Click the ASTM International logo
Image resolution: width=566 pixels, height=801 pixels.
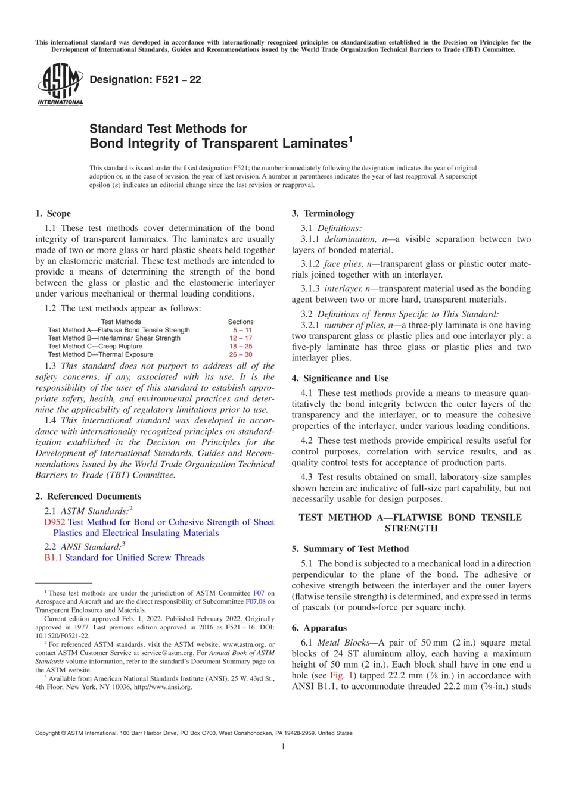pyautogui.click(x=60, y=85)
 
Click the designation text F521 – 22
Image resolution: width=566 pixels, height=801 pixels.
pyautogui.click(x=145, y=80)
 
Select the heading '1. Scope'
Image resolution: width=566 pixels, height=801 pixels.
pyautogui.click(x=53, y=213)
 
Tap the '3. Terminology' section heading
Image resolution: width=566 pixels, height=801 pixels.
pyautogui.click(x=323, y=213)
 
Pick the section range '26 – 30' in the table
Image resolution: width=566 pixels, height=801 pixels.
pyautogui.click(x=241, y=354)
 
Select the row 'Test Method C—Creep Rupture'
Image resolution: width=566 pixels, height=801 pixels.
pyautogui.click(x=95, y=346)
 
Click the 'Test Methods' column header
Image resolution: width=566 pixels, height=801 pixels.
pyautogui.click(x=121, y=322)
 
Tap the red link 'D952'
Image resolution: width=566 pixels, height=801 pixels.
pyautogui.click(x=54, y=522)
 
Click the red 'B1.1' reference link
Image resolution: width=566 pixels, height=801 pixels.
pyautogui.click(x=53, y=558)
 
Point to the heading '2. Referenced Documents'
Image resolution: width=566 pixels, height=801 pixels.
pyautogui.click(x=88, y=496)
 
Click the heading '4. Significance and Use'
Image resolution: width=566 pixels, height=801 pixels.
pyautogui.click(x=340, y=378)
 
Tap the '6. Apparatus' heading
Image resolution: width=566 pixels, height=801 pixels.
pyautogui.click(x=319, y=628)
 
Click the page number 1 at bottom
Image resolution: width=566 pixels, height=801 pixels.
pyautogui.click(x=283, y=746)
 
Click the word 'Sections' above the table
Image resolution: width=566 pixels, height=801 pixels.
pyautogui.click(x=241, y=322)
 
